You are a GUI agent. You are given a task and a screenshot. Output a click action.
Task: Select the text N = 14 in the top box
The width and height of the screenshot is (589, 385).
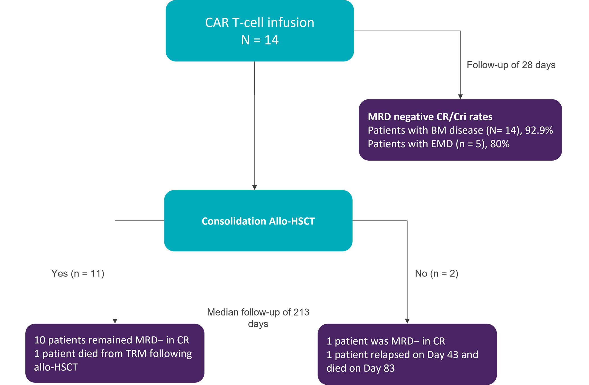pos(260,40)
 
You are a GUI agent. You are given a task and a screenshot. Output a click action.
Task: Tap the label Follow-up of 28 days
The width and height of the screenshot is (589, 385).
pos(511,65)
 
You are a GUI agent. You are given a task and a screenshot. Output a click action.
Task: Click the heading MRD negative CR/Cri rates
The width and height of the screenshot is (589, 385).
pos(430,117)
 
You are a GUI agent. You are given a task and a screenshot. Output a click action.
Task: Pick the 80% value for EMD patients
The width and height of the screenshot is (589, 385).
pos(500,144)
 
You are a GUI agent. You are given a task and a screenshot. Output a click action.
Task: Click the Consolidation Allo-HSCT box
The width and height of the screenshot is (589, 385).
pos(258,221)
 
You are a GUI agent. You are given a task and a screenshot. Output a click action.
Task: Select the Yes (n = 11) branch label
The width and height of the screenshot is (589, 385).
pos(78,273)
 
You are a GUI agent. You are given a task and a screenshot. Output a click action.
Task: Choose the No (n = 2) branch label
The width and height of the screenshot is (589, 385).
pos(437,273)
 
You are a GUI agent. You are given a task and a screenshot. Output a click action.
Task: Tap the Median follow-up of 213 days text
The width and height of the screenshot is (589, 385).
pos(258,318)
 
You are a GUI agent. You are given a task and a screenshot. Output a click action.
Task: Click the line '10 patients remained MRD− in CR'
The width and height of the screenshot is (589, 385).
pos(112,340)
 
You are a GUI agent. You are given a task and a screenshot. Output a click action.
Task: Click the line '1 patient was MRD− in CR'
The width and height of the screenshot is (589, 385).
pos(386,341)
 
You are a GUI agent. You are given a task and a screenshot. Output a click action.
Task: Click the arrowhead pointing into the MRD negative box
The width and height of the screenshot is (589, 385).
pos(460,97)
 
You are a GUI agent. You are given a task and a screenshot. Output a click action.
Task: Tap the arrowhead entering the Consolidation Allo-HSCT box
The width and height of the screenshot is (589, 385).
pos(255,187)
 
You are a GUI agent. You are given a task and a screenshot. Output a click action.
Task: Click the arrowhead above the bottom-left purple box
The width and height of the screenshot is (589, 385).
pos(115,321)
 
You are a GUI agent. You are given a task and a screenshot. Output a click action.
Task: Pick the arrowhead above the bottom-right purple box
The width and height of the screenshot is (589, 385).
pos(407,321)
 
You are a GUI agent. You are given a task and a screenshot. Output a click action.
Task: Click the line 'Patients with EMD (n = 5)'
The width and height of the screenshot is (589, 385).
pos(426,144)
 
